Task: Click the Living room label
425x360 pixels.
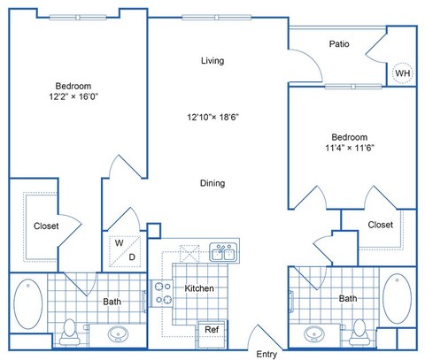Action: pos(212,61)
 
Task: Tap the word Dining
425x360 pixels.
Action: pos(212,183)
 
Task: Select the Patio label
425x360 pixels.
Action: pos(337,43)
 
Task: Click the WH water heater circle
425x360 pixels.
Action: pos(403,73)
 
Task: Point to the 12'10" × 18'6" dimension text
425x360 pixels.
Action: pos(213,116)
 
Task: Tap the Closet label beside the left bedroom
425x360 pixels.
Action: pos(46,226)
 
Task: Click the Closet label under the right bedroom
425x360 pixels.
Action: pos(380,225)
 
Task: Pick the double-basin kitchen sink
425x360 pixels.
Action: pos(222,255)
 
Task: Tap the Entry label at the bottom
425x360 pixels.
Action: pos(267,353)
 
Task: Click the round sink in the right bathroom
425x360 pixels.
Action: pos(313,334)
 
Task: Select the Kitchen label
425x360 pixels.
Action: pos(198,288)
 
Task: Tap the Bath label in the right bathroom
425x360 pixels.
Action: pos(348,299)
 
